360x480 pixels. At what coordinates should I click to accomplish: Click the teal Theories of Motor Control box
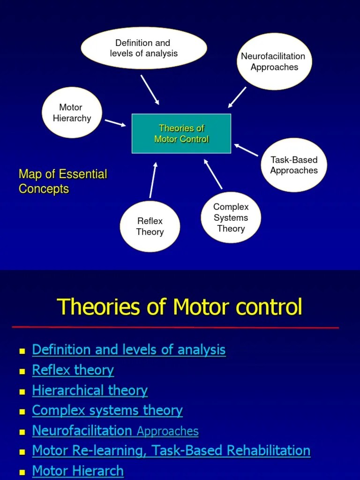(181, 134)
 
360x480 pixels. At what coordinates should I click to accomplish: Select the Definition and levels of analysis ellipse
(144, 48)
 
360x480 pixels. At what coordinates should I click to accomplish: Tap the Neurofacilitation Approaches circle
(274, 62)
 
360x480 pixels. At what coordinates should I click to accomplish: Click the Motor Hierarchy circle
(72, 113)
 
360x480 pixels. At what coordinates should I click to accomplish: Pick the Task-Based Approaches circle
(294, 165)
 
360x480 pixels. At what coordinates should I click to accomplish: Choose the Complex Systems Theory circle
(231, 218)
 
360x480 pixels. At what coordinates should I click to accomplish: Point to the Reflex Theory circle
(150, 226)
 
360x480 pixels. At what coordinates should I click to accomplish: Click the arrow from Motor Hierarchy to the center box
(115, 123)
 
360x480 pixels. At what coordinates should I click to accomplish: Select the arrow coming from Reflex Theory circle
(153, 180)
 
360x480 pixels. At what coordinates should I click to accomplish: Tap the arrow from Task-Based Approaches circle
(246, 150)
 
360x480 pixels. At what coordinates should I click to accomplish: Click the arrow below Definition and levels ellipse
(150, 90)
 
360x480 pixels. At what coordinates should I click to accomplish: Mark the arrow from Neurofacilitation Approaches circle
(237, 97)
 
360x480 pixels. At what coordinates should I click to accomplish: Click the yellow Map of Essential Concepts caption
(63, 182)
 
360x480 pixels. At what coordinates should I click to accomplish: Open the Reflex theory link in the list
(73, 370)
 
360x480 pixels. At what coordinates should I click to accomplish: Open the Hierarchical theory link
(90, 390)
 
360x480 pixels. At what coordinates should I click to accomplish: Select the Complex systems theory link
(107, 411)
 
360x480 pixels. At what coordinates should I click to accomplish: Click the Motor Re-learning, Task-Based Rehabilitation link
(171, 451)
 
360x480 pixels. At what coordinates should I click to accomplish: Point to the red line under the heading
(175, 327)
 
